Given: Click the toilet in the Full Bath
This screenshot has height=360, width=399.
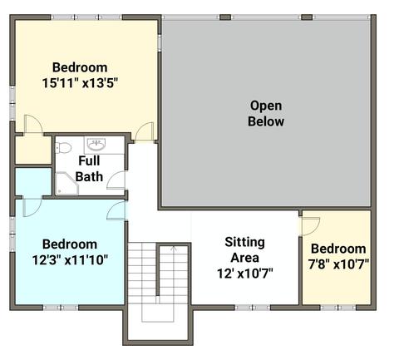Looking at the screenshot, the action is (x=63, y=148).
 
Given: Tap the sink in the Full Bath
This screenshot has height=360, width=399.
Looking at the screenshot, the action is (x=96, y=144).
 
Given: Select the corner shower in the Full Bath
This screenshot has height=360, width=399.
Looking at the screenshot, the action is (x=66, y=184).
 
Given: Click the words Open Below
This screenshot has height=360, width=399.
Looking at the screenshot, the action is (x=266, y=113).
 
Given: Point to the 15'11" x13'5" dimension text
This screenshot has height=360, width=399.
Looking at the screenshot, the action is (x=80, y=83).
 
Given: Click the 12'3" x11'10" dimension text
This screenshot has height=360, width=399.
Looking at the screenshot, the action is (x=70, y=260).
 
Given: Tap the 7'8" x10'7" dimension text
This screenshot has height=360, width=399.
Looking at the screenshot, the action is (x=338, y=264).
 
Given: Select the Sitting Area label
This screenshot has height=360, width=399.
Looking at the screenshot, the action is (x=245, y=249).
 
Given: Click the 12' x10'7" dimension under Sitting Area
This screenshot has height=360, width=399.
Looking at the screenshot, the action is (x=245, y=274).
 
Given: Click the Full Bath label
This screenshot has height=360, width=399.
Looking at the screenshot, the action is (x=89, y=169).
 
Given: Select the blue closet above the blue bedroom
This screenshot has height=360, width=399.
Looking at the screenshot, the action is (x=33, y=181).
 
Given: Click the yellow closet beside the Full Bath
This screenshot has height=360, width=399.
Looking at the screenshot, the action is (x=33, y=150).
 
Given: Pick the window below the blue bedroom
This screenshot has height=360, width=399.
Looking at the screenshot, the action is (x=61, y=308).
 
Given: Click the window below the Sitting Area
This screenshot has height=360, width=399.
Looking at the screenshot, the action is (x=253, y=308).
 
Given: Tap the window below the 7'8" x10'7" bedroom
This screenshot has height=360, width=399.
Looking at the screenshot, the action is (x=338, y=308).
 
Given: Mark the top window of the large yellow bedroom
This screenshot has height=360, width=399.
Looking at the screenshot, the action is (x=86, y=17).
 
